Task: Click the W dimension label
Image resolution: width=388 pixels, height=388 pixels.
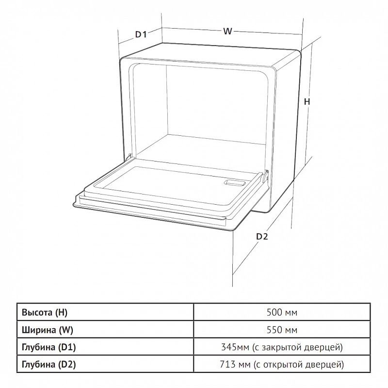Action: (227, 31)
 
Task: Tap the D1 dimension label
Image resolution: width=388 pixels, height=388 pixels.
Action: (141, 34)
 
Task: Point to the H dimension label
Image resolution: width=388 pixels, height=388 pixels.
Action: (307, 101)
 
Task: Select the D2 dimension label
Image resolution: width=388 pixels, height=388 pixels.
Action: (262, 237)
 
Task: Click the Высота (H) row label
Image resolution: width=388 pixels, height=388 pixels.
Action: (45, 312)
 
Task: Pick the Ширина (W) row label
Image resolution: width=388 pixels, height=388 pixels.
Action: (48, 330)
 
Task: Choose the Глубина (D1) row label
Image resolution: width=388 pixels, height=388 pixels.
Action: (49, 347)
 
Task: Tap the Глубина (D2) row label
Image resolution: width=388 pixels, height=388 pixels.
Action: (49, 364)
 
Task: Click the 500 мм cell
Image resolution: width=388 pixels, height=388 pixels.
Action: (282, 312)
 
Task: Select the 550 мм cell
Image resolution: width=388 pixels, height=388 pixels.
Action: (282, 330)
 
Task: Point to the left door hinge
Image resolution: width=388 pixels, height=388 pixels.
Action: (129, 157)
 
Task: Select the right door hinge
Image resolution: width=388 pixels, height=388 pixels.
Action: (265, 176)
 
